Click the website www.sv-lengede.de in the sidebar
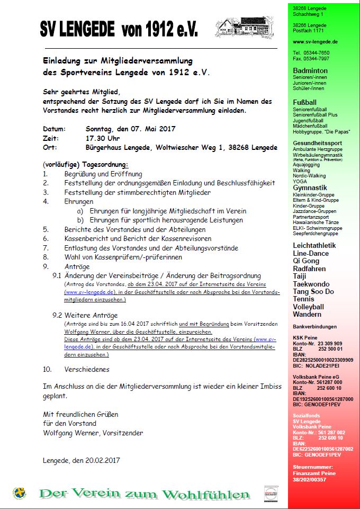(x=315, y=41)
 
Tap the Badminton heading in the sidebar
(x=310, y=70)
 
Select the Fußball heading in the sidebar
(x=305, y=102)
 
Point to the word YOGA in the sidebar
(x=300, y=181)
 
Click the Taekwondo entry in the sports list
(x=311, y=284)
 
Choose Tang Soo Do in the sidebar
(x=313, y=291)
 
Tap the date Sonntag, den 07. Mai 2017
(x=130, y=129)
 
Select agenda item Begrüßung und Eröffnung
(x=103, y=174)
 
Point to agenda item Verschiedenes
(x=87, y=369)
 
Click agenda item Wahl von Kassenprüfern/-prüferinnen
(x=123, y=257)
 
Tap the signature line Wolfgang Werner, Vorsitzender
(x=93, y=433)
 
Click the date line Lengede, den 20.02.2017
(x=82, y=460)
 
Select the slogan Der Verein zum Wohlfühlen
(x=145, y=494)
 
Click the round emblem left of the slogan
(x=20, y=493)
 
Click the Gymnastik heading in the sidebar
(x=310, y=188)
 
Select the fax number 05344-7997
(x=316, y=58)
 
